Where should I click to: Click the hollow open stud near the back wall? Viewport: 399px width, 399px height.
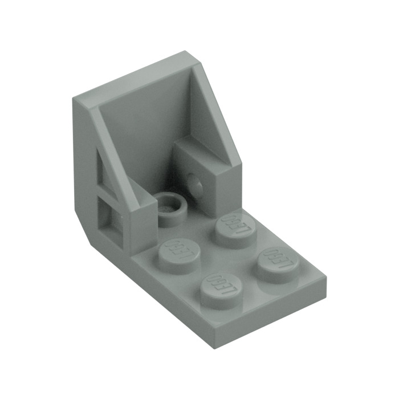(172, 202)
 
